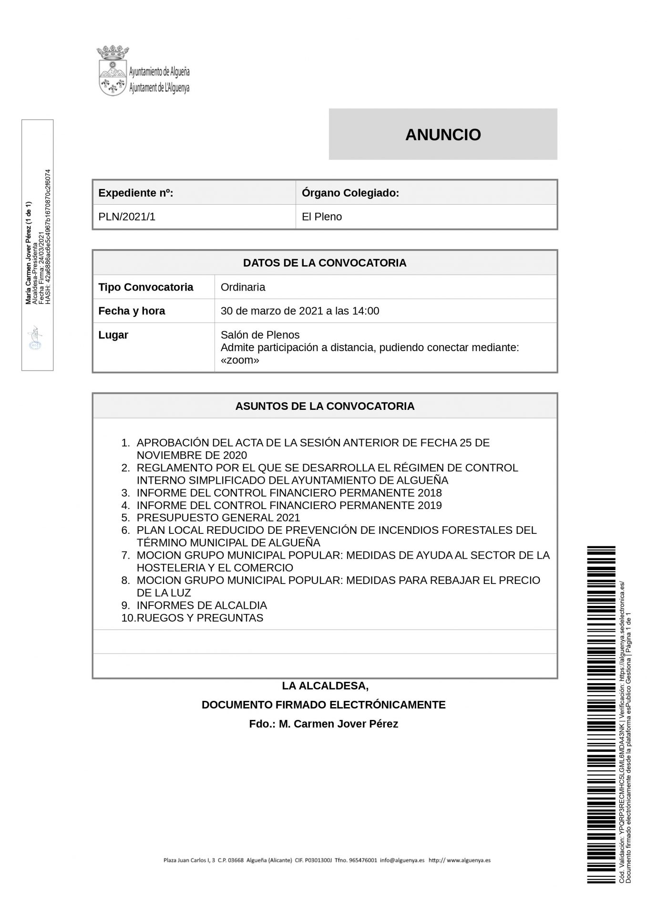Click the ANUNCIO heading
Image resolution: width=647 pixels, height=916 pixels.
(x=442, y=135)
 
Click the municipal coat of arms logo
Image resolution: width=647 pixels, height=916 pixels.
(x=112, y=71)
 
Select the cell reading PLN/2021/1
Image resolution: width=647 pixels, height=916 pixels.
(x=127, y=217)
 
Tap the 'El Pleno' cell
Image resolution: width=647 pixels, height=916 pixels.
(x=322, y=217)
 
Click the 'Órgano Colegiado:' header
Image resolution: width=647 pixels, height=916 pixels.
(x=350, y=193)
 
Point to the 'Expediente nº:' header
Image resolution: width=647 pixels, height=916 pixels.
(x=135, y=193)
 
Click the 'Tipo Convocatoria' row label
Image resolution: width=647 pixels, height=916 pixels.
(x=145, y=287)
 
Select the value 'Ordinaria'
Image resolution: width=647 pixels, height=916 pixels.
(x=243, y=287)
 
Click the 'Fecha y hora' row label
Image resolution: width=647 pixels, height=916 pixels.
(x=132, y=311)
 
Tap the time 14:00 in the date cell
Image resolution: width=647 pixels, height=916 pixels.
(x=366, y=311)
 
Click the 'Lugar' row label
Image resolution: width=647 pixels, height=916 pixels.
(x=113, y=335)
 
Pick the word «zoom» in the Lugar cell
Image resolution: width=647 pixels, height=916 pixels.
(x=240, y=360)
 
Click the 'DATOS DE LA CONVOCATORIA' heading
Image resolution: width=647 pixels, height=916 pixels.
(x=325, y=263)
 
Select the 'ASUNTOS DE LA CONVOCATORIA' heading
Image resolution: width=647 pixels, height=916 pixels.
(x=325, y=406)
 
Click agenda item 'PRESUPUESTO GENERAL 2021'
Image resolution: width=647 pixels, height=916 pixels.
(x=218, y=518)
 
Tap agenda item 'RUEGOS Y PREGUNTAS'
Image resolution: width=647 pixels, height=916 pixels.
(x=200, y=618)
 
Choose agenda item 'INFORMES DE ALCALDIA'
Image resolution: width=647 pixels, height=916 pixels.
(x=202, y=605)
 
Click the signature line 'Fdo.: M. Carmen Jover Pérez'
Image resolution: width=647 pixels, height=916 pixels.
(x=323, y=724)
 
